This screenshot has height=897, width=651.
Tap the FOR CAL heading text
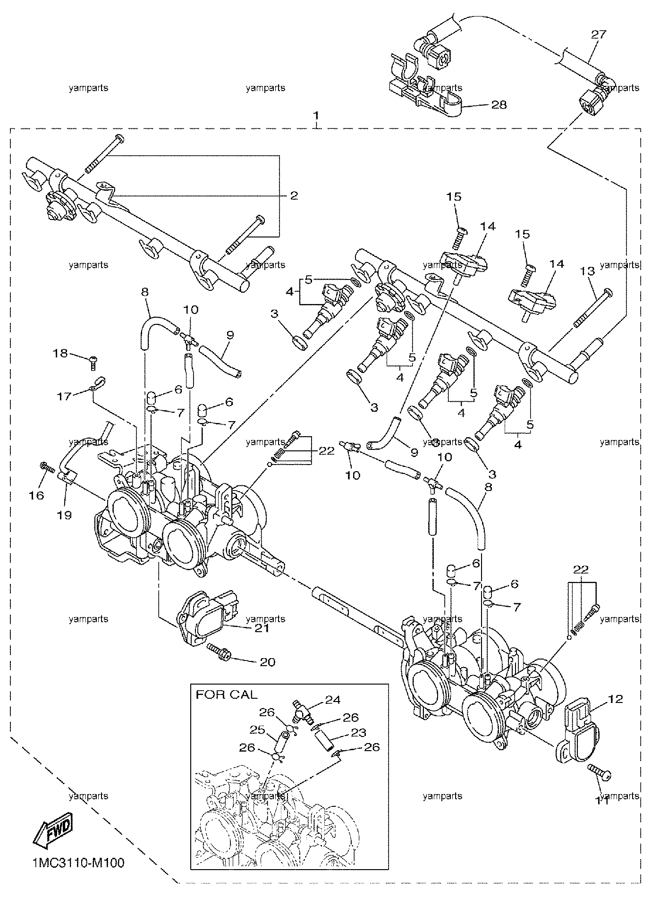[x=227, y=694]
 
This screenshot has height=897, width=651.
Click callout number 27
[x=598, y=34]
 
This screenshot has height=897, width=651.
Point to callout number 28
[x=499, y=104]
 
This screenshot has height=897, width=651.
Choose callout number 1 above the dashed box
[x=317, y=115]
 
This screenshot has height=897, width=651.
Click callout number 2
[x=294, y=195]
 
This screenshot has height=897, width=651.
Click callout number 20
[x=267, y=662]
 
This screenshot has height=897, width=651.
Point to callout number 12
[x=616, y=699]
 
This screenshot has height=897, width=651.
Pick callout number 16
[x=37, y=495]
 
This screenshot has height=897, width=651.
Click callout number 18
[x=61, y=353]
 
